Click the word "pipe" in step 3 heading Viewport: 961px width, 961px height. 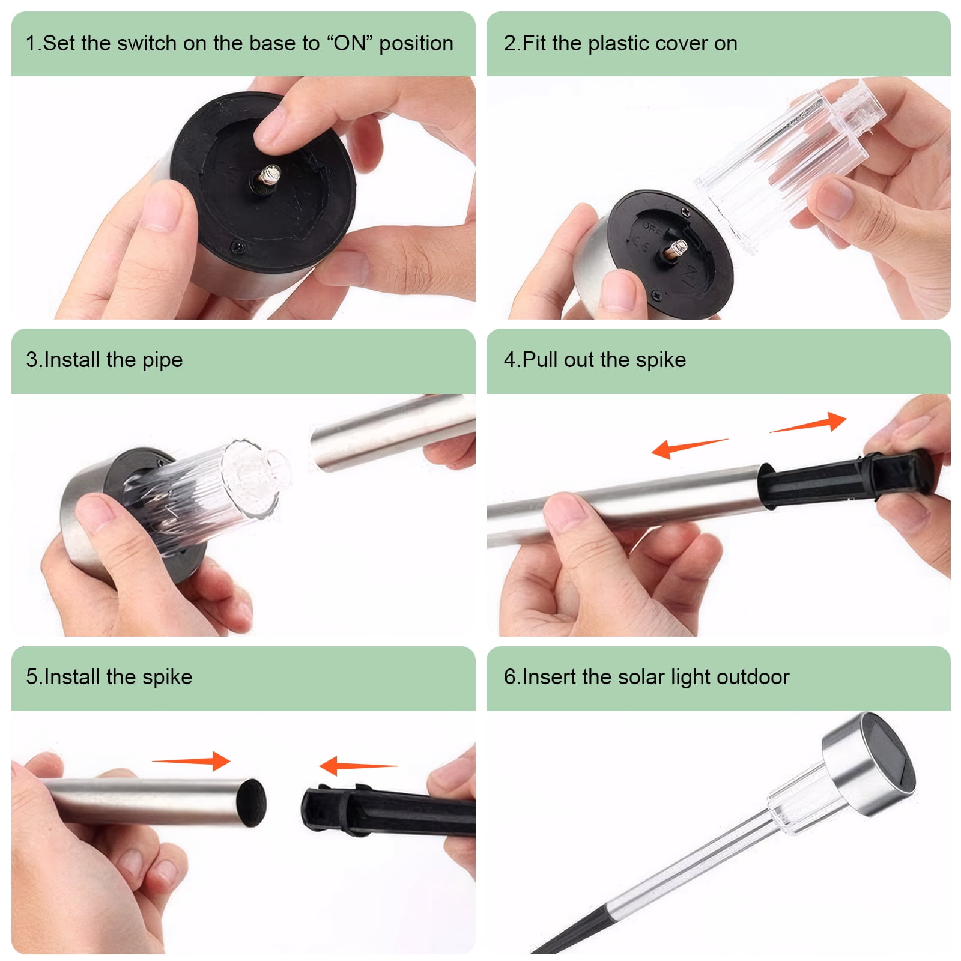(162, 360)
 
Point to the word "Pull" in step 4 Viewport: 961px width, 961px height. (541, 360)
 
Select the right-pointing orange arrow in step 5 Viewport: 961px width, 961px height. (191, 761)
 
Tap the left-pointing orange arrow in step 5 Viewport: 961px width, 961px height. (358, 766)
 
